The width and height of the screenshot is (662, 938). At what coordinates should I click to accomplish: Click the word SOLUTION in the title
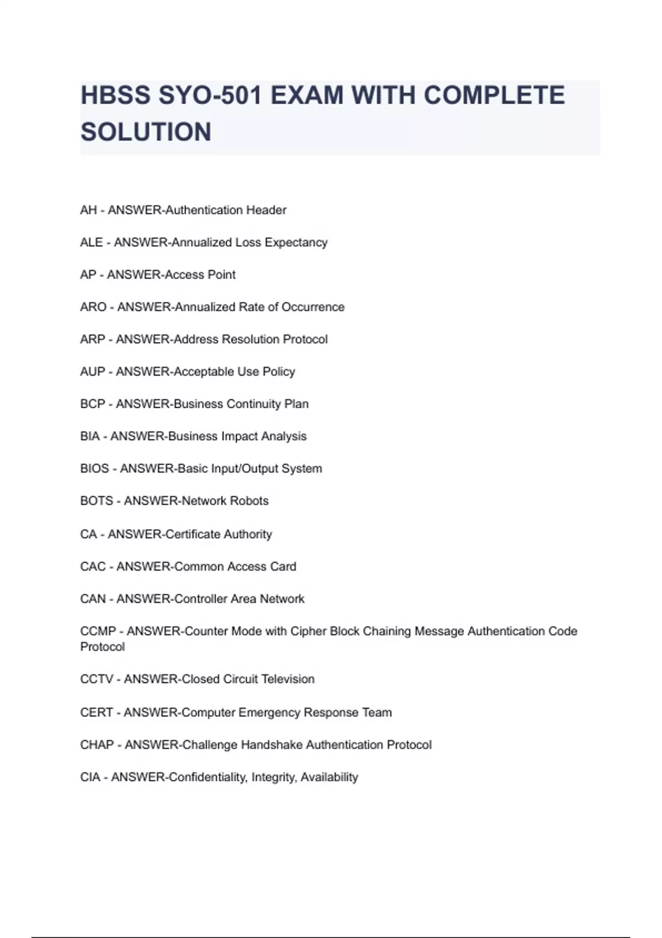click(146, 132)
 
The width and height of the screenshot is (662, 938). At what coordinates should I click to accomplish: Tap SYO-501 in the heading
click(210, 95)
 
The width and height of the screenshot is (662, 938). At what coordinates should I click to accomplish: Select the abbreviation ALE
click(91, 242)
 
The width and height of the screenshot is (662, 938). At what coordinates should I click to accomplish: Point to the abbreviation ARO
click(93, 307)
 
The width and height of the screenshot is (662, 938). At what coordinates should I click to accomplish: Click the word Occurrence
click(313, 307)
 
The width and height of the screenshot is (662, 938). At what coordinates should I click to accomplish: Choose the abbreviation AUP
click(92, 371)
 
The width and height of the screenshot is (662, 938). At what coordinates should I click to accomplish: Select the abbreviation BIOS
click(94, 468)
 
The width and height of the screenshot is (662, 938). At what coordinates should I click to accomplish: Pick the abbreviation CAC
click(93, 566)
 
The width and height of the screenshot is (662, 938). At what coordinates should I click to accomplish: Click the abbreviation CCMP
click(98, 631)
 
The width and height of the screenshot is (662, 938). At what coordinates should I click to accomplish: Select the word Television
click(287, 679)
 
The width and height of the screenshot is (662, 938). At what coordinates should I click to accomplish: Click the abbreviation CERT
click(97, 712)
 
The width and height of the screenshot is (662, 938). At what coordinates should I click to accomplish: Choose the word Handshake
click(271, 744)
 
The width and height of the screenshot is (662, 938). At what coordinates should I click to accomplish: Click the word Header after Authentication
click(266, 210)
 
